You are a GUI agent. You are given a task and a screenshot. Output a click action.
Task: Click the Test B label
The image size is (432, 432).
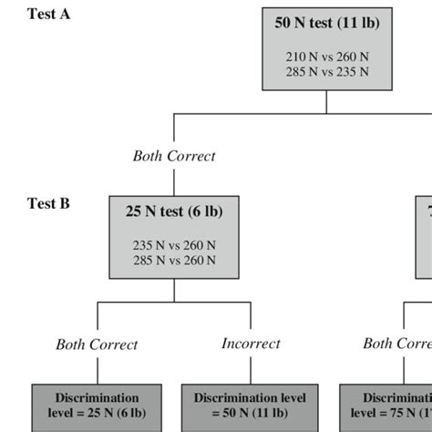48,204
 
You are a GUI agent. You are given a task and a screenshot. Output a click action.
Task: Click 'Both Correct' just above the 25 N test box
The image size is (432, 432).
174,156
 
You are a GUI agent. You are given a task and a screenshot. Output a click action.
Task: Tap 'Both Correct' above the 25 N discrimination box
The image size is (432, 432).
97,345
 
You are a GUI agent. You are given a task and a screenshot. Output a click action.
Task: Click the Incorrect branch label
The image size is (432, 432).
251,344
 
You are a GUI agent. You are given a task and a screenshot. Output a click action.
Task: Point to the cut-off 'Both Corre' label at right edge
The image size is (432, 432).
396,344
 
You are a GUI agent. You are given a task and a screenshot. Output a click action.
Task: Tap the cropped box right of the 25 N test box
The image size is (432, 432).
425,236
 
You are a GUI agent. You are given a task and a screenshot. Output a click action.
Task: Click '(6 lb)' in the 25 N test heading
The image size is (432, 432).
205,212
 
